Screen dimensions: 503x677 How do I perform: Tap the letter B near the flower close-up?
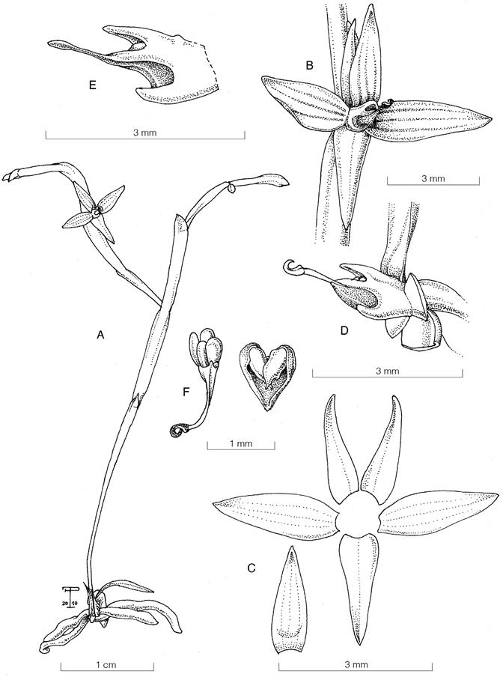click(309, 66)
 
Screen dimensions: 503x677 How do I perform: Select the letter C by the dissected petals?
click(251, 568)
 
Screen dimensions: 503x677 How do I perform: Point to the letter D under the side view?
click(344, 332)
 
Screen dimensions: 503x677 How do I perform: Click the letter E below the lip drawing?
click(92, 85)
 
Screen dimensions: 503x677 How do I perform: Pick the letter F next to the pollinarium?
click(186, 393)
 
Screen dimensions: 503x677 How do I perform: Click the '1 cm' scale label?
click(106, 665)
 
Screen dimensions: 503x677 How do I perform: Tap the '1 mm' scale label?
click(241, 443)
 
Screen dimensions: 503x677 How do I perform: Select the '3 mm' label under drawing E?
click(145, 133)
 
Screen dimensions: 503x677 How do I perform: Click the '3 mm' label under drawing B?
click(433, 178)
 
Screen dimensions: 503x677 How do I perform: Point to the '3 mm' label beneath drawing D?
click(387, 371)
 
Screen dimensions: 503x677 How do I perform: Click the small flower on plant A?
click(94, 211)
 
